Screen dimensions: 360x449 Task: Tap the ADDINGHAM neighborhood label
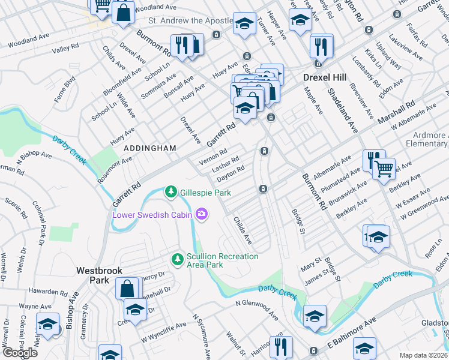[x=149, y=148]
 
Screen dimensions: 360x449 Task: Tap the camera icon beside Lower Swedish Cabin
[x=202, y=214]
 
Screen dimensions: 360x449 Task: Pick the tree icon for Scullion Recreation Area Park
[x=178, y=259]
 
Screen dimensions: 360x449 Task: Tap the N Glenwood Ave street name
[x=257, y=308]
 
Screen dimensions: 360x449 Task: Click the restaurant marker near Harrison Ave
[x=280, y=346]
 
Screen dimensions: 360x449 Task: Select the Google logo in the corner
[x=20, y=352]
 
